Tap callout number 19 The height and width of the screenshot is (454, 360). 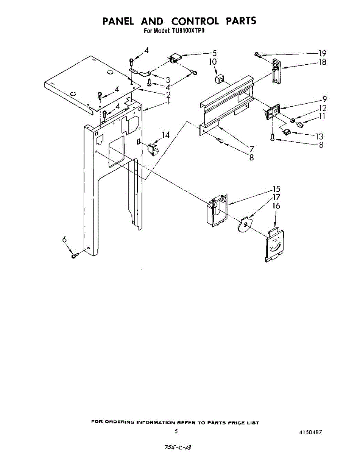click(x=322, y=53)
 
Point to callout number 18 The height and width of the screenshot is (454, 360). click(x=322, y=62)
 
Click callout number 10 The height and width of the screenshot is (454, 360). click(x=213, y=62)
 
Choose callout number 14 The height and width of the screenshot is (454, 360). click(x=165, y=135)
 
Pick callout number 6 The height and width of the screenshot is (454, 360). click(x=64, y=239)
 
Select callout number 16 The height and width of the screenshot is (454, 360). click(x=276, y=206)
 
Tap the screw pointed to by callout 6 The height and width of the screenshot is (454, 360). click(x=74, y=256)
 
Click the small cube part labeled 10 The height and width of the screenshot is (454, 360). click(x=219, y=79)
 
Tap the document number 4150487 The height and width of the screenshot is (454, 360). click(x=310, y=431)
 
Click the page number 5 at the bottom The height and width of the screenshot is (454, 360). click(x=176, y=431)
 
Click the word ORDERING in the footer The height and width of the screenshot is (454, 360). click(x=117, y=422)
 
